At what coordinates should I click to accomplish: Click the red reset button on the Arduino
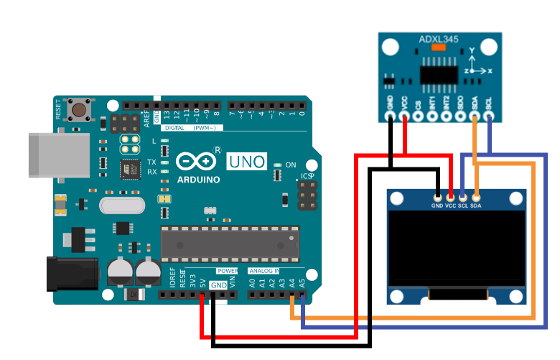click(x=77, y=111)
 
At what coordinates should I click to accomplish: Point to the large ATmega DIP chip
click(x=228, y=244)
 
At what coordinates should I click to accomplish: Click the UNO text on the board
click(x=247, y=162)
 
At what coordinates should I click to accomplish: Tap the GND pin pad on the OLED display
click(x=437, y=195)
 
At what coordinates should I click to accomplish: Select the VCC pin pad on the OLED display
click(x=450, y=195)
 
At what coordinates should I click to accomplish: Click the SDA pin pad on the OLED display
click(x=475, y=195)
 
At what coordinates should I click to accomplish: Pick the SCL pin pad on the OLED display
click(x=463, y=195)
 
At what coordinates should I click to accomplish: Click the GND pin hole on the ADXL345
click(x=390, y=114)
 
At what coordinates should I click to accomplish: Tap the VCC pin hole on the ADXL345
click(x=404, y=114)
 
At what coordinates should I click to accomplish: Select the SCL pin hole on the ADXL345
click(x=489, y=114)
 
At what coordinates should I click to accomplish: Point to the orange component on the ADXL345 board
click(x=439, y=47)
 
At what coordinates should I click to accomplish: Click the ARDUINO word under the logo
click(x=198, y=180)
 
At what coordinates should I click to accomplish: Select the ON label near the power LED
click(x=291, y=165)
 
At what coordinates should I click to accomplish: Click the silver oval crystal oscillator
click(x=121, y=206)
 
